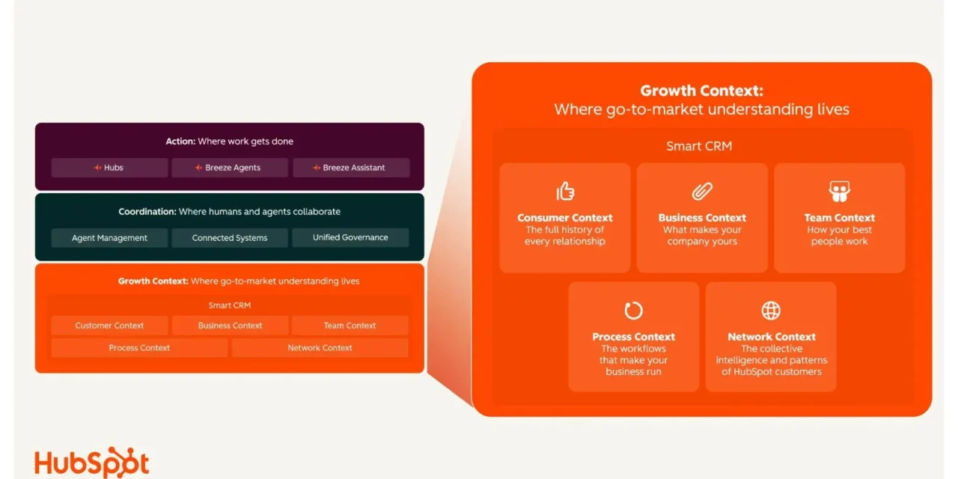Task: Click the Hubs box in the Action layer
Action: click(x=109, y=168)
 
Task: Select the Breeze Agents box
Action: click(x=230, y=168)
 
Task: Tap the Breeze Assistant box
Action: click(x=351, y=168)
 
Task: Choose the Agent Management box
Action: click(x=109, y=238)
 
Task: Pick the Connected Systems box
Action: click(x=230, y=238)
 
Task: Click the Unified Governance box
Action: click(x=350, y=238)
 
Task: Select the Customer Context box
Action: click(x=109, y=326)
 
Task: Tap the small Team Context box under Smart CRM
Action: click(x=350, y=326)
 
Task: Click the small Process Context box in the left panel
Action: click(x=139, y=348)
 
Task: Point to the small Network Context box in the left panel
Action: click(x=320, y=348)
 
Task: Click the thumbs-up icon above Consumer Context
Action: click(x=565, y=191)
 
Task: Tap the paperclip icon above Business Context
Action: click(x=702, y=191)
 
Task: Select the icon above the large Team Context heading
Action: click(x=839, y=191)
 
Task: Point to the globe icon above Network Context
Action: click(x=771, y=311)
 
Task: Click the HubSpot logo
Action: click(x=92, y=463)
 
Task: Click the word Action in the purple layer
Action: click(x=180, y=141)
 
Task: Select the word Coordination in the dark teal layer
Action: click(x=147, y=212)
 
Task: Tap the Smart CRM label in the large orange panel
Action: click(x=699, y=146)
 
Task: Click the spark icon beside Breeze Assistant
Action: click(x=317, y=168)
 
